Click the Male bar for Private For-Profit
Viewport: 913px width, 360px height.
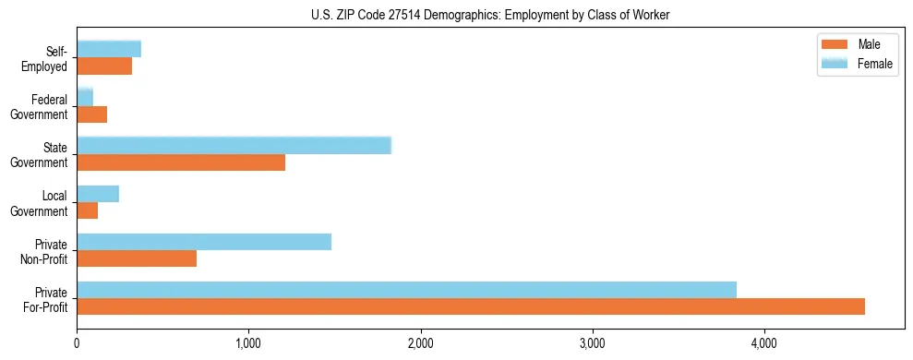tap(471, 306)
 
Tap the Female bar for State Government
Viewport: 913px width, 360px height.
tap(234, 146)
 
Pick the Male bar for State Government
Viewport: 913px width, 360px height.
tap(181, 162)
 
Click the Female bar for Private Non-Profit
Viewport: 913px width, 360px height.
tap(204, 242)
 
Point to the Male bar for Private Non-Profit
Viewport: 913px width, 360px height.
tap(137, 258)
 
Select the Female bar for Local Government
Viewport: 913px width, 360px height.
tap(98, 194)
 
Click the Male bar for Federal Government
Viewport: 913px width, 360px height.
tap(92, 114)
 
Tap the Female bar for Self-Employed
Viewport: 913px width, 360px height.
tap(109, 49)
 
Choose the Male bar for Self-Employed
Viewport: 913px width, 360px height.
tap(104, 66)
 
